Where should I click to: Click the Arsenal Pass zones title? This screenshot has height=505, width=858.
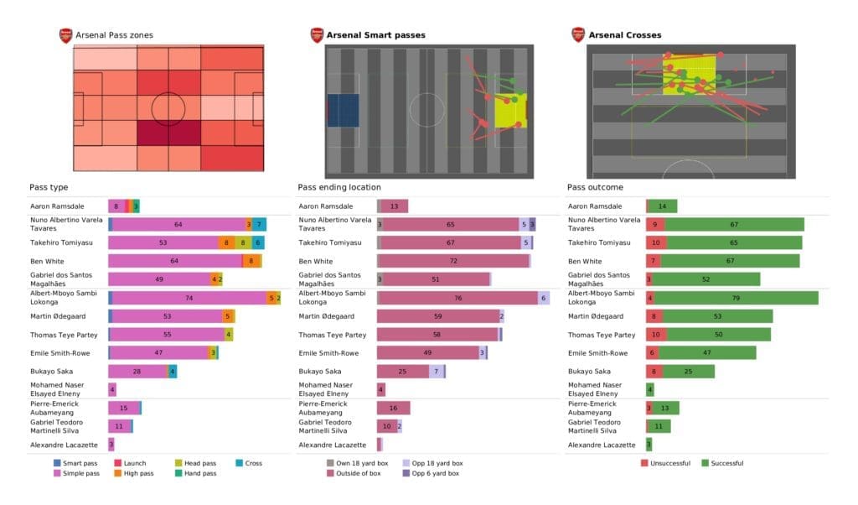(114, 35)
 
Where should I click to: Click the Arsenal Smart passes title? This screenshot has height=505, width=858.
(376, 35)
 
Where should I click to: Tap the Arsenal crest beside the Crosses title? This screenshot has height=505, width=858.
(578, 35)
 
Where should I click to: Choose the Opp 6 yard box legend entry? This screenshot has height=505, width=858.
(431, 473)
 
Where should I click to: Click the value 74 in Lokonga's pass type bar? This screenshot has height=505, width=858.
(189, 298)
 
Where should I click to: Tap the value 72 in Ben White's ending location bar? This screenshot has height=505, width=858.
(453, 262)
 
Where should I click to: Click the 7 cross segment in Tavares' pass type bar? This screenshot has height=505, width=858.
(260, 225)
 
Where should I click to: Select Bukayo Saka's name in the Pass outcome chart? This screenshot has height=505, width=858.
(591, 371)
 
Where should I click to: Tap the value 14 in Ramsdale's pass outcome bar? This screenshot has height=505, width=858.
(662, 206)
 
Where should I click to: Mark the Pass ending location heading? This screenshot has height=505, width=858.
(339, 187)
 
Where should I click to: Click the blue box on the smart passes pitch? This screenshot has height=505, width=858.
(343, 110)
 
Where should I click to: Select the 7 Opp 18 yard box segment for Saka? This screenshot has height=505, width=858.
(436, 371)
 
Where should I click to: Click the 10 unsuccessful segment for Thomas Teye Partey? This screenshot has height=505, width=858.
(655, 335)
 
